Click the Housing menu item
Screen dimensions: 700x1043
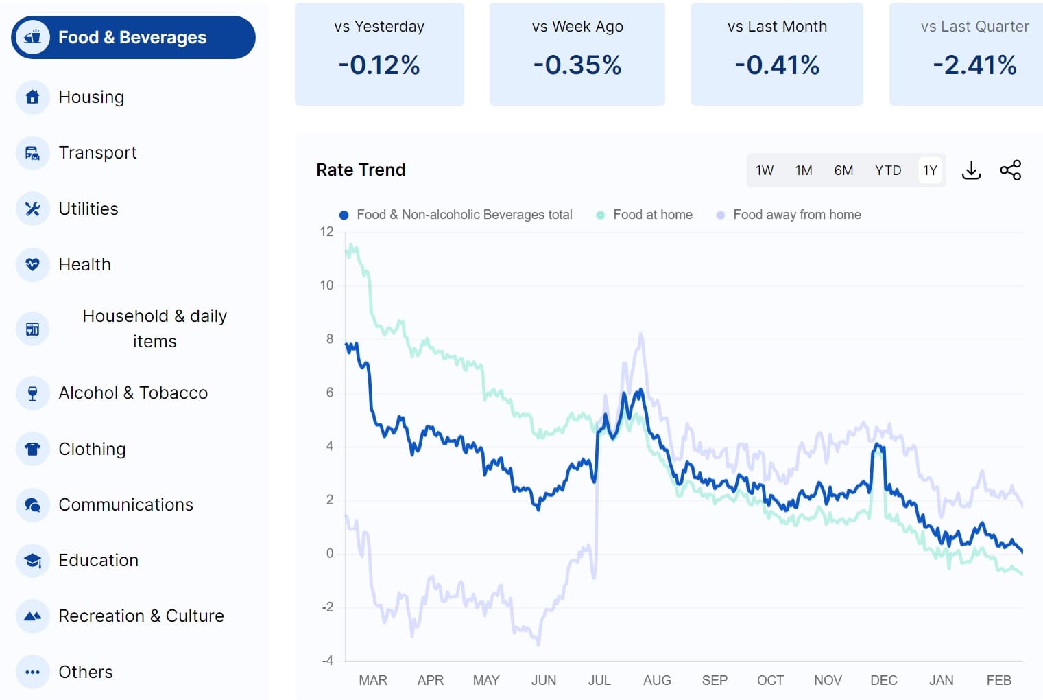91,97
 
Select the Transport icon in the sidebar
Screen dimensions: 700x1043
32,153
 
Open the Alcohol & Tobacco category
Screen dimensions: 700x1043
132,393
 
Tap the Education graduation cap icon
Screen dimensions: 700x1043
32,561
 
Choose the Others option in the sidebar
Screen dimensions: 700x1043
85,672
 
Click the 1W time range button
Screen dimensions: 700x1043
765,170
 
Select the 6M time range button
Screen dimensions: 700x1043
843,170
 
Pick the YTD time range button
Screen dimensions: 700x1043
888,170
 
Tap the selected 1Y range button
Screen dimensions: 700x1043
930,170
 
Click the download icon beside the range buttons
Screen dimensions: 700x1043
971,170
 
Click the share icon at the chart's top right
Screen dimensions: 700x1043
1010,170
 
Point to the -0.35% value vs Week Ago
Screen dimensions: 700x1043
577,65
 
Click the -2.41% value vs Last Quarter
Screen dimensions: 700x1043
974,65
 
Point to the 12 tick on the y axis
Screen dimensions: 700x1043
326,232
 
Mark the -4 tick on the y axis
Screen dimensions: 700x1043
327,660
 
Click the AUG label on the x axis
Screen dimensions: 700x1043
657,680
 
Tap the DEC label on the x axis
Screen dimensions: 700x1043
883,680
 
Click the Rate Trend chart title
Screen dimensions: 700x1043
361,170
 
